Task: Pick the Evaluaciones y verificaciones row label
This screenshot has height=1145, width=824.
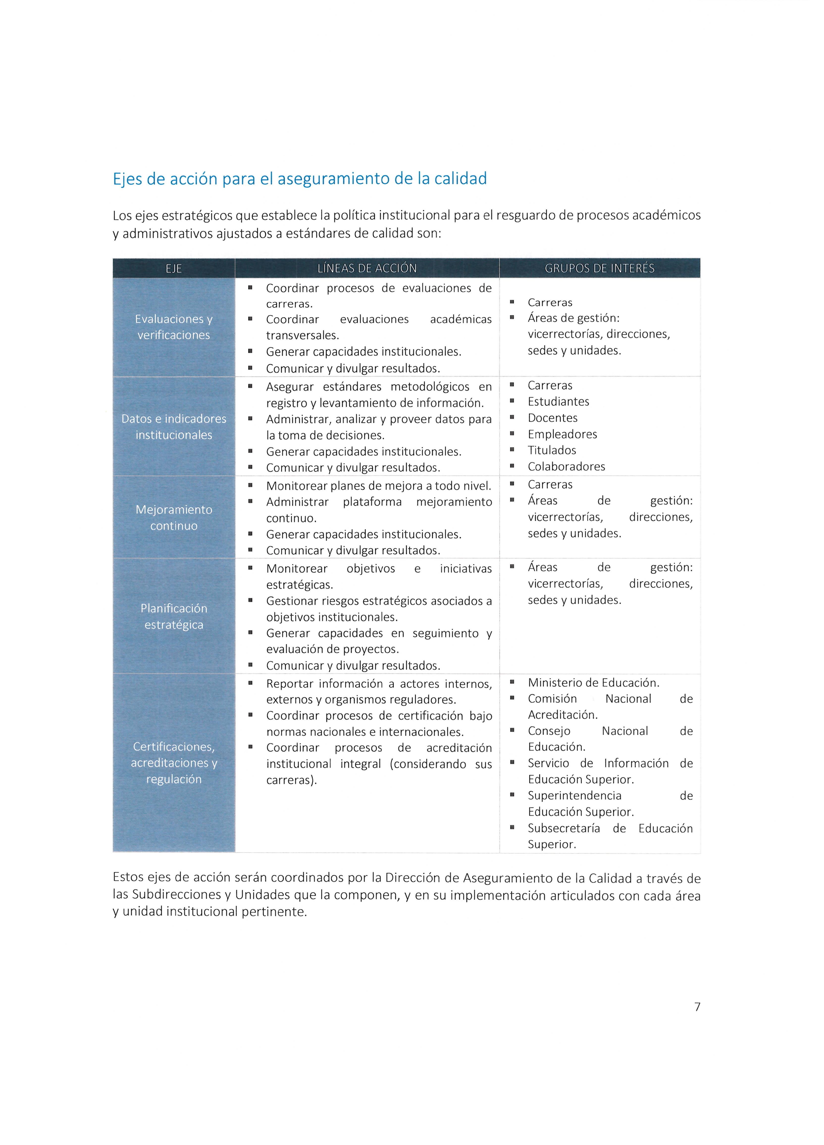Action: point(174,327)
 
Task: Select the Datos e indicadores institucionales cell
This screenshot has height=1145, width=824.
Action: point(174,427)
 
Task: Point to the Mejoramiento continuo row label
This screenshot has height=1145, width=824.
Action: point(174,518)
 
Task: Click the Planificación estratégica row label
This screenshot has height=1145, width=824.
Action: point(174,616)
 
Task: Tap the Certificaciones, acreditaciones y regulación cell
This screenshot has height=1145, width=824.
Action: point(174,763)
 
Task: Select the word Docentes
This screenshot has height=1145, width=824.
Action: point(552,418)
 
